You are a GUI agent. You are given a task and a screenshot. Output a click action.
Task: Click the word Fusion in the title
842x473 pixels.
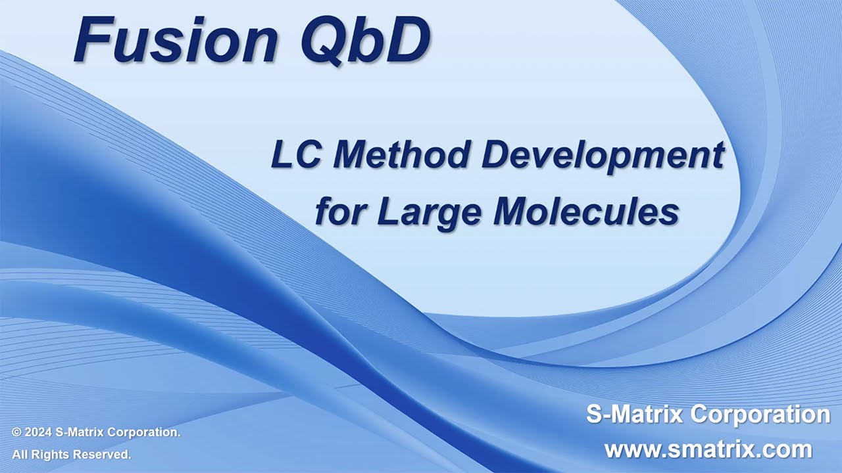pos(175,40)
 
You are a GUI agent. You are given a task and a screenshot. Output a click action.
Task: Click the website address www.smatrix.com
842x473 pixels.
pos(708,449)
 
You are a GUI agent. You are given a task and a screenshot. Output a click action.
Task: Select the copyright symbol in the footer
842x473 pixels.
pos(16,432)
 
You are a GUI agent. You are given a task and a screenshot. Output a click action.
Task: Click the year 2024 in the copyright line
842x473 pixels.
pos(38,432)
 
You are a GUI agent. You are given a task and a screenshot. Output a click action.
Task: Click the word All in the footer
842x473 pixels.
pos(20,455)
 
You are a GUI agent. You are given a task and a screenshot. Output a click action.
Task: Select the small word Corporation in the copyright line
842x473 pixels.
pos(144,433)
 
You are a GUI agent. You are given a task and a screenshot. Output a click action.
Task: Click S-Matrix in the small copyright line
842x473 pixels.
pos(80,432)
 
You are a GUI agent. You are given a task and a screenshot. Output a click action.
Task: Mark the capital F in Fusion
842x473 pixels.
pos(91,40)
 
